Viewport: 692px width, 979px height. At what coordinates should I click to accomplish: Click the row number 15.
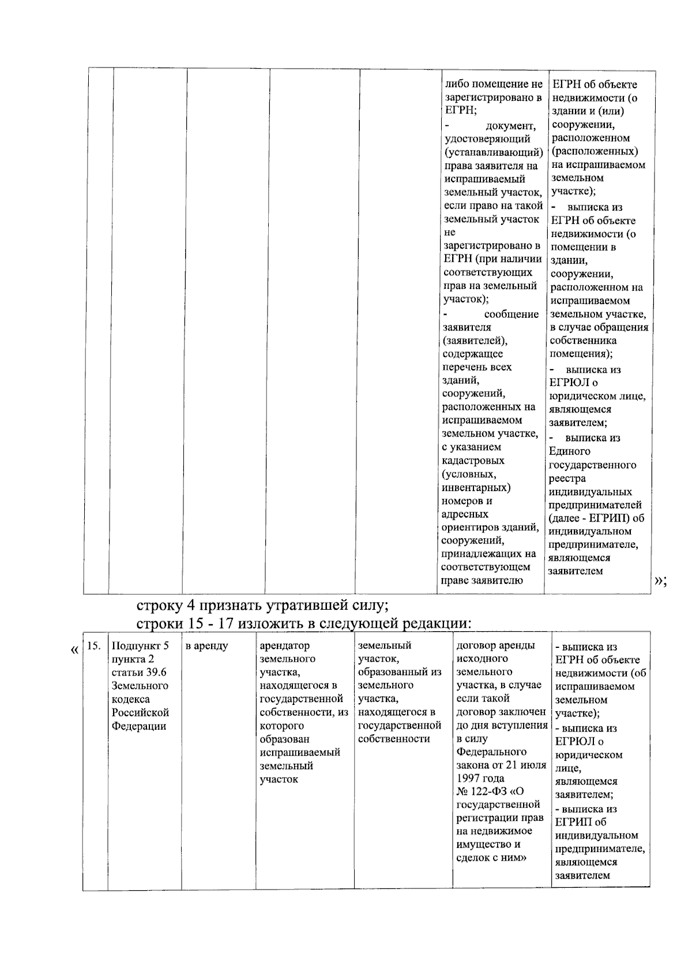(94, 646)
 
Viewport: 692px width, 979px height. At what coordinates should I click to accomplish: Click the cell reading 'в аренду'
(206, 646)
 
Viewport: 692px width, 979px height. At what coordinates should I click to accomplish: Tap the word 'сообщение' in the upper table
(511, 314)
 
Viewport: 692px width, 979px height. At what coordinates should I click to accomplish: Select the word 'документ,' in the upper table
(511, 126)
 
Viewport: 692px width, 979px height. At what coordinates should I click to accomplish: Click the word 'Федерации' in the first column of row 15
(139, 726)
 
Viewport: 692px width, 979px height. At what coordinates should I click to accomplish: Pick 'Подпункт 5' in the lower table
(140, 646)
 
